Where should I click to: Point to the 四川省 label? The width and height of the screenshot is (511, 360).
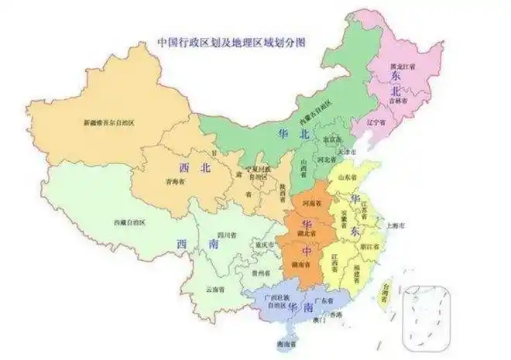[x=225, y=234]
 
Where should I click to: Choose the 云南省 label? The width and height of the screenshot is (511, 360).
[x=216, y=289]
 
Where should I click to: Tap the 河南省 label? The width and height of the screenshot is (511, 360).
[x=311, y=204]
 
